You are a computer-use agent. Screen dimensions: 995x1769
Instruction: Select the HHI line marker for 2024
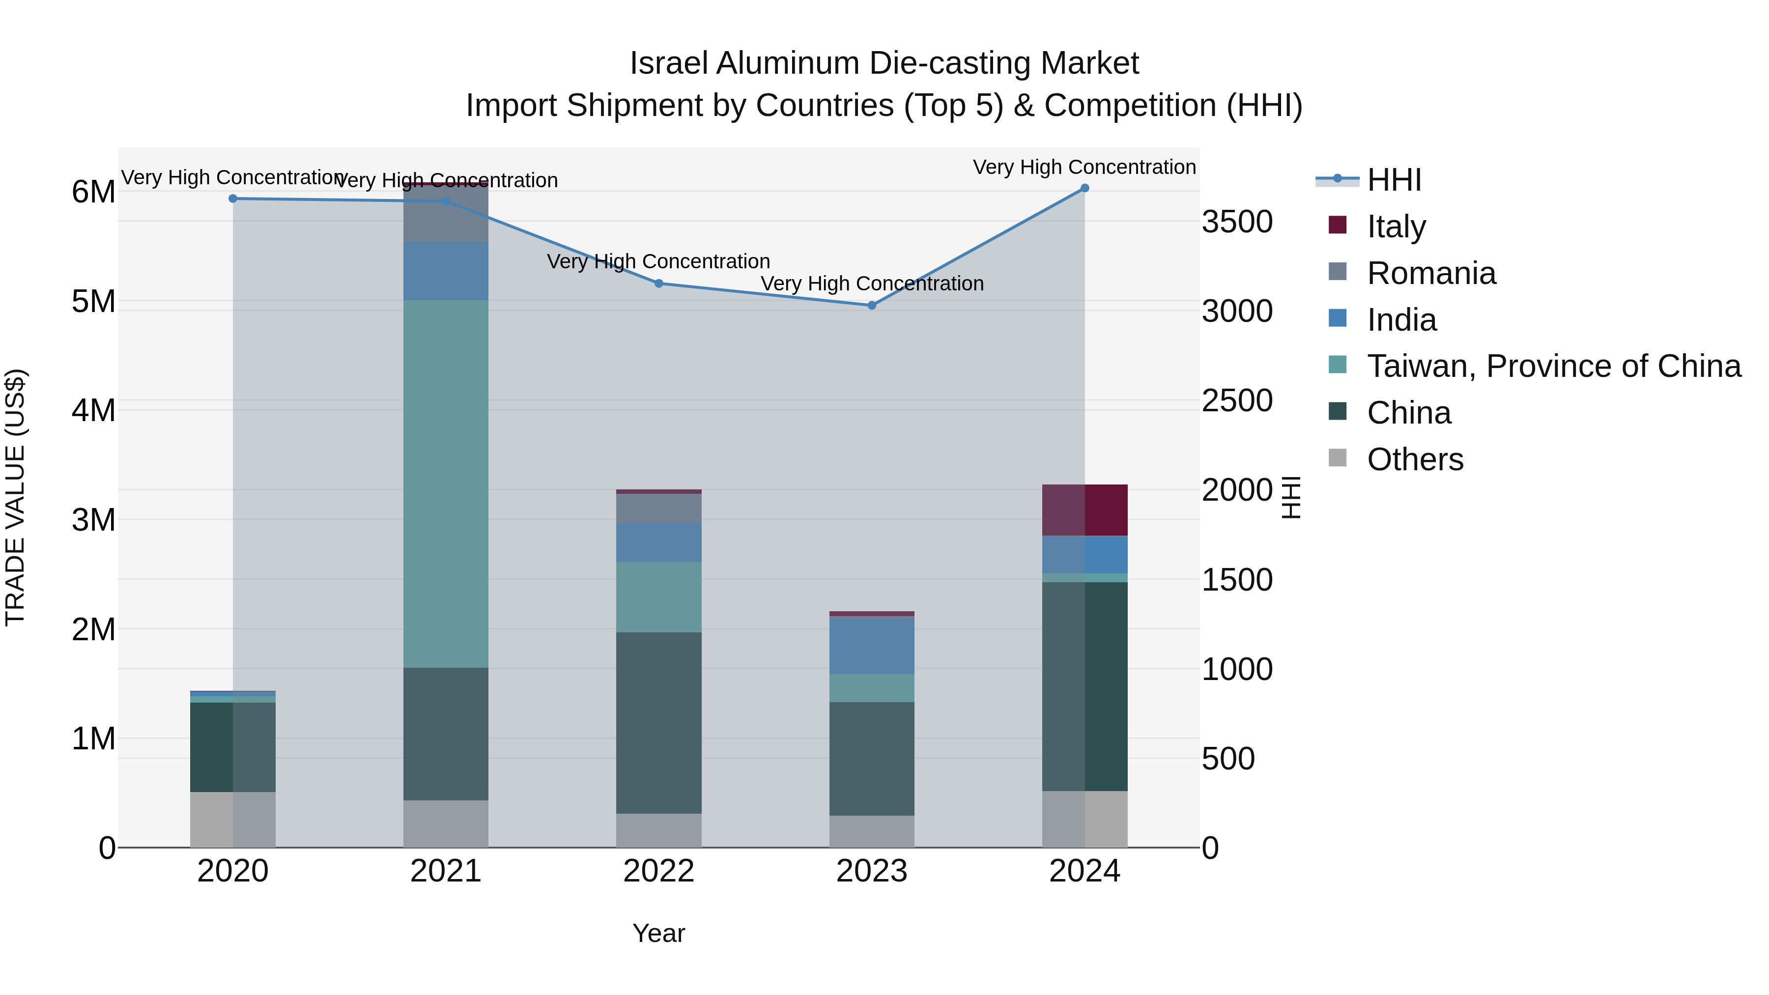(x=1084, y=188)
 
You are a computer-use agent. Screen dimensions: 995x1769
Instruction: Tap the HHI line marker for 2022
(x=658, y=283)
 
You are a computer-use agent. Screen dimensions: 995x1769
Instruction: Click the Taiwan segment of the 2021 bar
(x=446, y=483)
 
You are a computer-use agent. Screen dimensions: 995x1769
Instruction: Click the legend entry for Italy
(x=1396, y=226)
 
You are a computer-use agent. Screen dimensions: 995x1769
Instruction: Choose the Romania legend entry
(x=1430, y=273)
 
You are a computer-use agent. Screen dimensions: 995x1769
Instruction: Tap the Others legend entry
(x=1415, y=459)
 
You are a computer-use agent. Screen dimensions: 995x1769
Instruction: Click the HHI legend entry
(x=1394, y=180)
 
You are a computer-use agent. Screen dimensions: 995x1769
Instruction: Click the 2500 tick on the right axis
(x=1237, y=400)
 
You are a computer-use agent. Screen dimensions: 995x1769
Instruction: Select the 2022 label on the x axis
(x=658, y=871)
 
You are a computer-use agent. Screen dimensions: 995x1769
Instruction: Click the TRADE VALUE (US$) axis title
(x=15, y=497)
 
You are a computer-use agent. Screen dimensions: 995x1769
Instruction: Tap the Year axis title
(x=658, y=933)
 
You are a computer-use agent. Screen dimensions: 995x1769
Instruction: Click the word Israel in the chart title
(x=667, y=63)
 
